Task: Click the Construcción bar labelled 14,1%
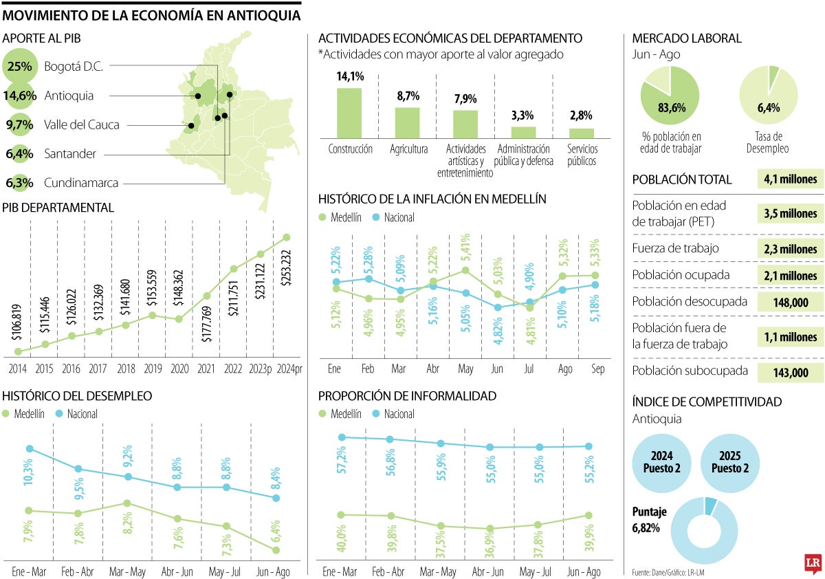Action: (349, 113)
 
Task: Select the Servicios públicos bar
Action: (582, 133)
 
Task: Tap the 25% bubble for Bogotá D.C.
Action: (20, 67)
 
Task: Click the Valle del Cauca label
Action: (81, 125)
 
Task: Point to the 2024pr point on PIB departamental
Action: (287, 237)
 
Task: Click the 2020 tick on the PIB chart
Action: (179, 369)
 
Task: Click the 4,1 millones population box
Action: (790, 179)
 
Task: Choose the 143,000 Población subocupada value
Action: (790, 373)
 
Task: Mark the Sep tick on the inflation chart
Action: (598, 369)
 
